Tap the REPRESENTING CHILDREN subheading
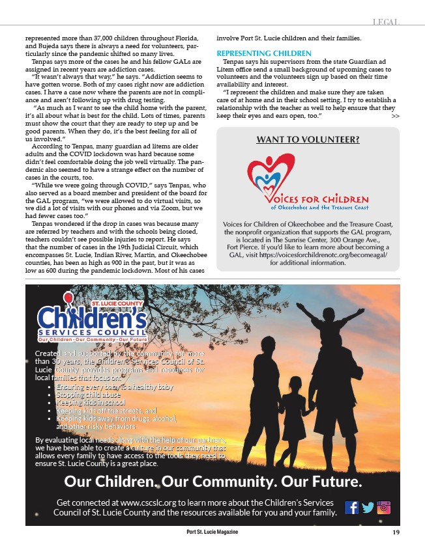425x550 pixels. pos(264,53)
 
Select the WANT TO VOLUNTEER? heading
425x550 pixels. pos(308,139)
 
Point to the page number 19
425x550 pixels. pos(396,532)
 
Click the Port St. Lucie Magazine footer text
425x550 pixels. pos(212,532)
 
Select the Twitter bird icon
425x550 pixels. pos(368,507)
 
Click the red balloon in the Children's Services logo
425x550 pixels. pos(67,298)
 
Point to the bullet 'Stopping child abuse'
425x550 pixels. pos(88,394)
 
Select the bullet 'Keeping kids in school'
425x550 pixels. pos(91,402)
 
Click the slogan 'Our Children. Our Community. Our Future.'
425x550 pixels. pos(212,482)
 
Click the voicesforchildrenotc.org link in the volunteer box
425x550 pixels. pos(326,256)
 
